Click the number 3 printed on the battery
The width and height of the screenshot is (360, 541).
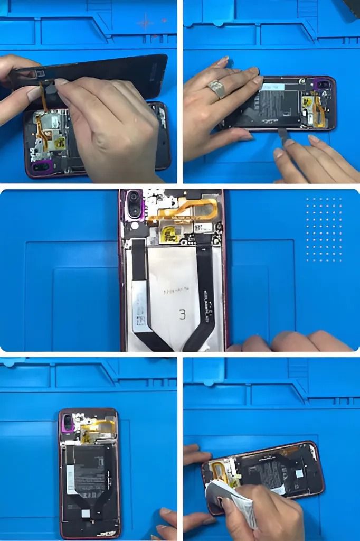[182, 314]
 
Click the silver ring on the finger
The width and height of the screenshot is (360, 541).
[216, 89]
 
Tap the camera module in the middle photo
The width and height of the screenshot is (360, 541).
[134, 204]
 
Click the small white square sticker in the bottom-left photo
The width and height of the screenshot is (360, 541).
[84, 512]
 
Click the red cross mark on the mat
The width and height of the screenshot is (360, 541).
[145, 22]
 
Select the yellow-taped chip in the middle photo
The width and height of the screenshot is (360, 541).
[169, 232]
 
